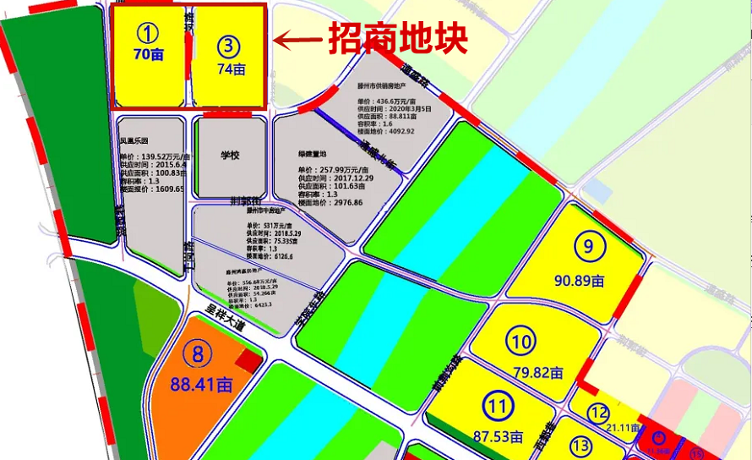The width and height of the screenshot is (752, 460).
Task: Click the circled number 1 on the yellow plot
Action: (x=149, y=34)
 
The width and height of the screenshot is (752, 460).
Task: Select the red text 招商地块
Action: (x=398, y=38)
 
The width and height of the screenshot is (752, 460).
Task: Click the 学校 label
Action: (x=230, y=156)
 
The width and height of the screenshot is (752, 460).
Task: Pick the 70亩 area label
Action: (x=148, y=54)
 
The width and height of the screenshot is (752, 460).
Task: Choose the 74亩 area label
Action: (x=230, y=69)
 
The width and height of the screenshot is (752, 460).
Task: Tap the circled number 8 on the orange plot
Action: (x=198, y=355)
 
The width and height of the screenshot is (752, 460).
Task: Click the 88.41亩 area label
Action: (x=201, y=385)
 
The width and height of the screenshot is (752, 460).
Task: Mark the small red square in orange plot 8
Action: (x=248, y=361)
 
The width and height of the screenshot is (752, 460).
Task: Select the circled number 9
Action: (x=588, y=246)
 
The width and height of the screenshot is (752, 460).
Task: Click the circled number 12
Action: (x=599, y=413)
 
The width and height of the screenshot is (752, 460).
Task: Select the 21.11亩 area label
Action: (x=624, y=429)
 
